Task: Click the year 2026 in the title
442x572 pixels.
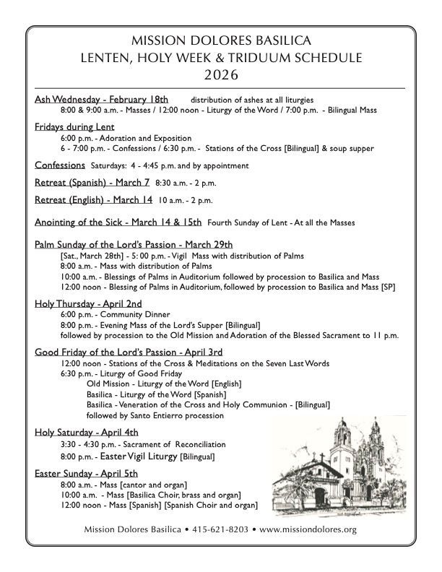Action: pos(222,74)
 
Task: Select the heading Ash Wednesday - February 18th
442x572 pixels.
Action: pos(101,99)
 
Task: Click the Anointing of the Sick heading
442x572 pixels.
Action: pos(118,222)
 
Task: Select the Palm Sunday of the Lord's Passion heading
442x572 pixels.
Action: pos(134,245)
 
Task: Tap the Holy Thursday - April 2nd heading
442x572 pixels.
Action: pos(88,303)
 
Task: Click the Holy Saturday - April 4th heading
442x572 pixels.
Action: pos(87,432)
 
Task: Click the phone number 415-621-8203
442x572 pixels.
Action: pos(220,529)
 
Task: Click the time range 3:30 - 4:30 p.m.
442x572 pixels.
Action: pos(90,444)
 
